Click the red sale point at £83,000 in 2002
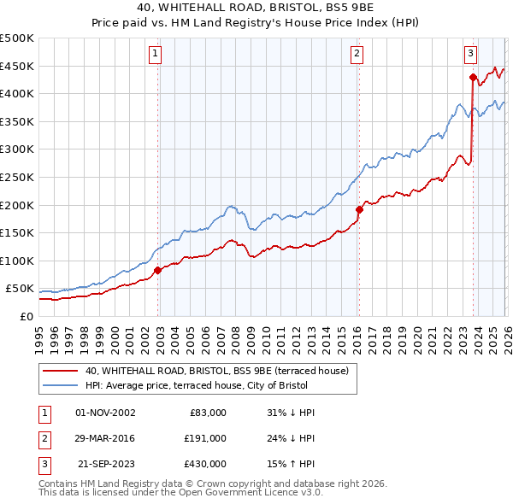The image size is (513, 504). pyautogui.click(x=157, y=270)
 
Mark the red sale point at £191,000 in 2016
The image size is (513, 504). pyautogui.click(x=359, y=209)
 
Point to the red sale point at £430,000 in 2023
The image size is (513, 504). pyautogui.click(x=473, y=77)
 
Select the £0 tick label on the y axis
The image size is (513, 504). pyautogui.click(x=26, y=316)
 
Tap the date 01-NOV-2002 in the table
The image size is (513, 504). pyautogui.click(x=105, y=413)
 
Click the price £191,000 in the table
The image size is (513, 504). pyautogui.click(x=205, y=438)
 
